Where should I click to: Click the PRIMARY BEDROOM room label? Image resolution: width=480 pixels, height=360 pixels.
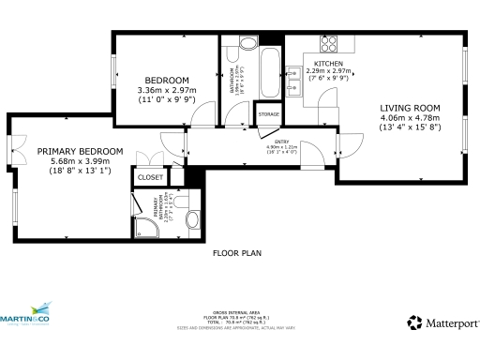[80, 151]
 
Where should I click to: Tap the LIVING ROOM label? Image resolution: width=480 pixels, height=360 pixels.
[410, 108]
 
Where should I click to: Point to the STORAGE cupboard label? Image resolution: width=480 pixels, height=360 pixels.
[268, 114]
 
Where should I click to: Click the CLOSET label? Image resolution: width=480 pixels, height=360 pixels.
[150, 176]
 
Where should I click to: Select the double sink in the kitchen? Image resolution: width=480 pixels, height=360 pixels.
[293, 77]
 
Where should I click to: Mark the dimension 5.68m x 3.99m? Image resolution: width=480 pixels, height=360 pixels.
[80, 160]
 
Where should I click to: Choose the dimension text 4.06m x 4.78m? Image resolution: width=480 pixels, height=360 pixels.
[410, 118]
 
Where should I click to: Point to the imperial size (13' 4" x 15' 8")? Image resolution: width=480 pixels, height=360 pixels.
[410, 128]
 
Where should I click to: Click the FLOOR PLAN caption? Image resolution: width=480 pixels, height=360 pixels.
[236, 253]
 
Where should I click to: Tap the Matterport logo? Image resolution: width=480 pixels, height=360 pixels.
[442, 322]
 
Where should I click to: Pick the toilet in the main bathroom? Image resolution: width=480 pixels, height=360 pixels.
[248, 43]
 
